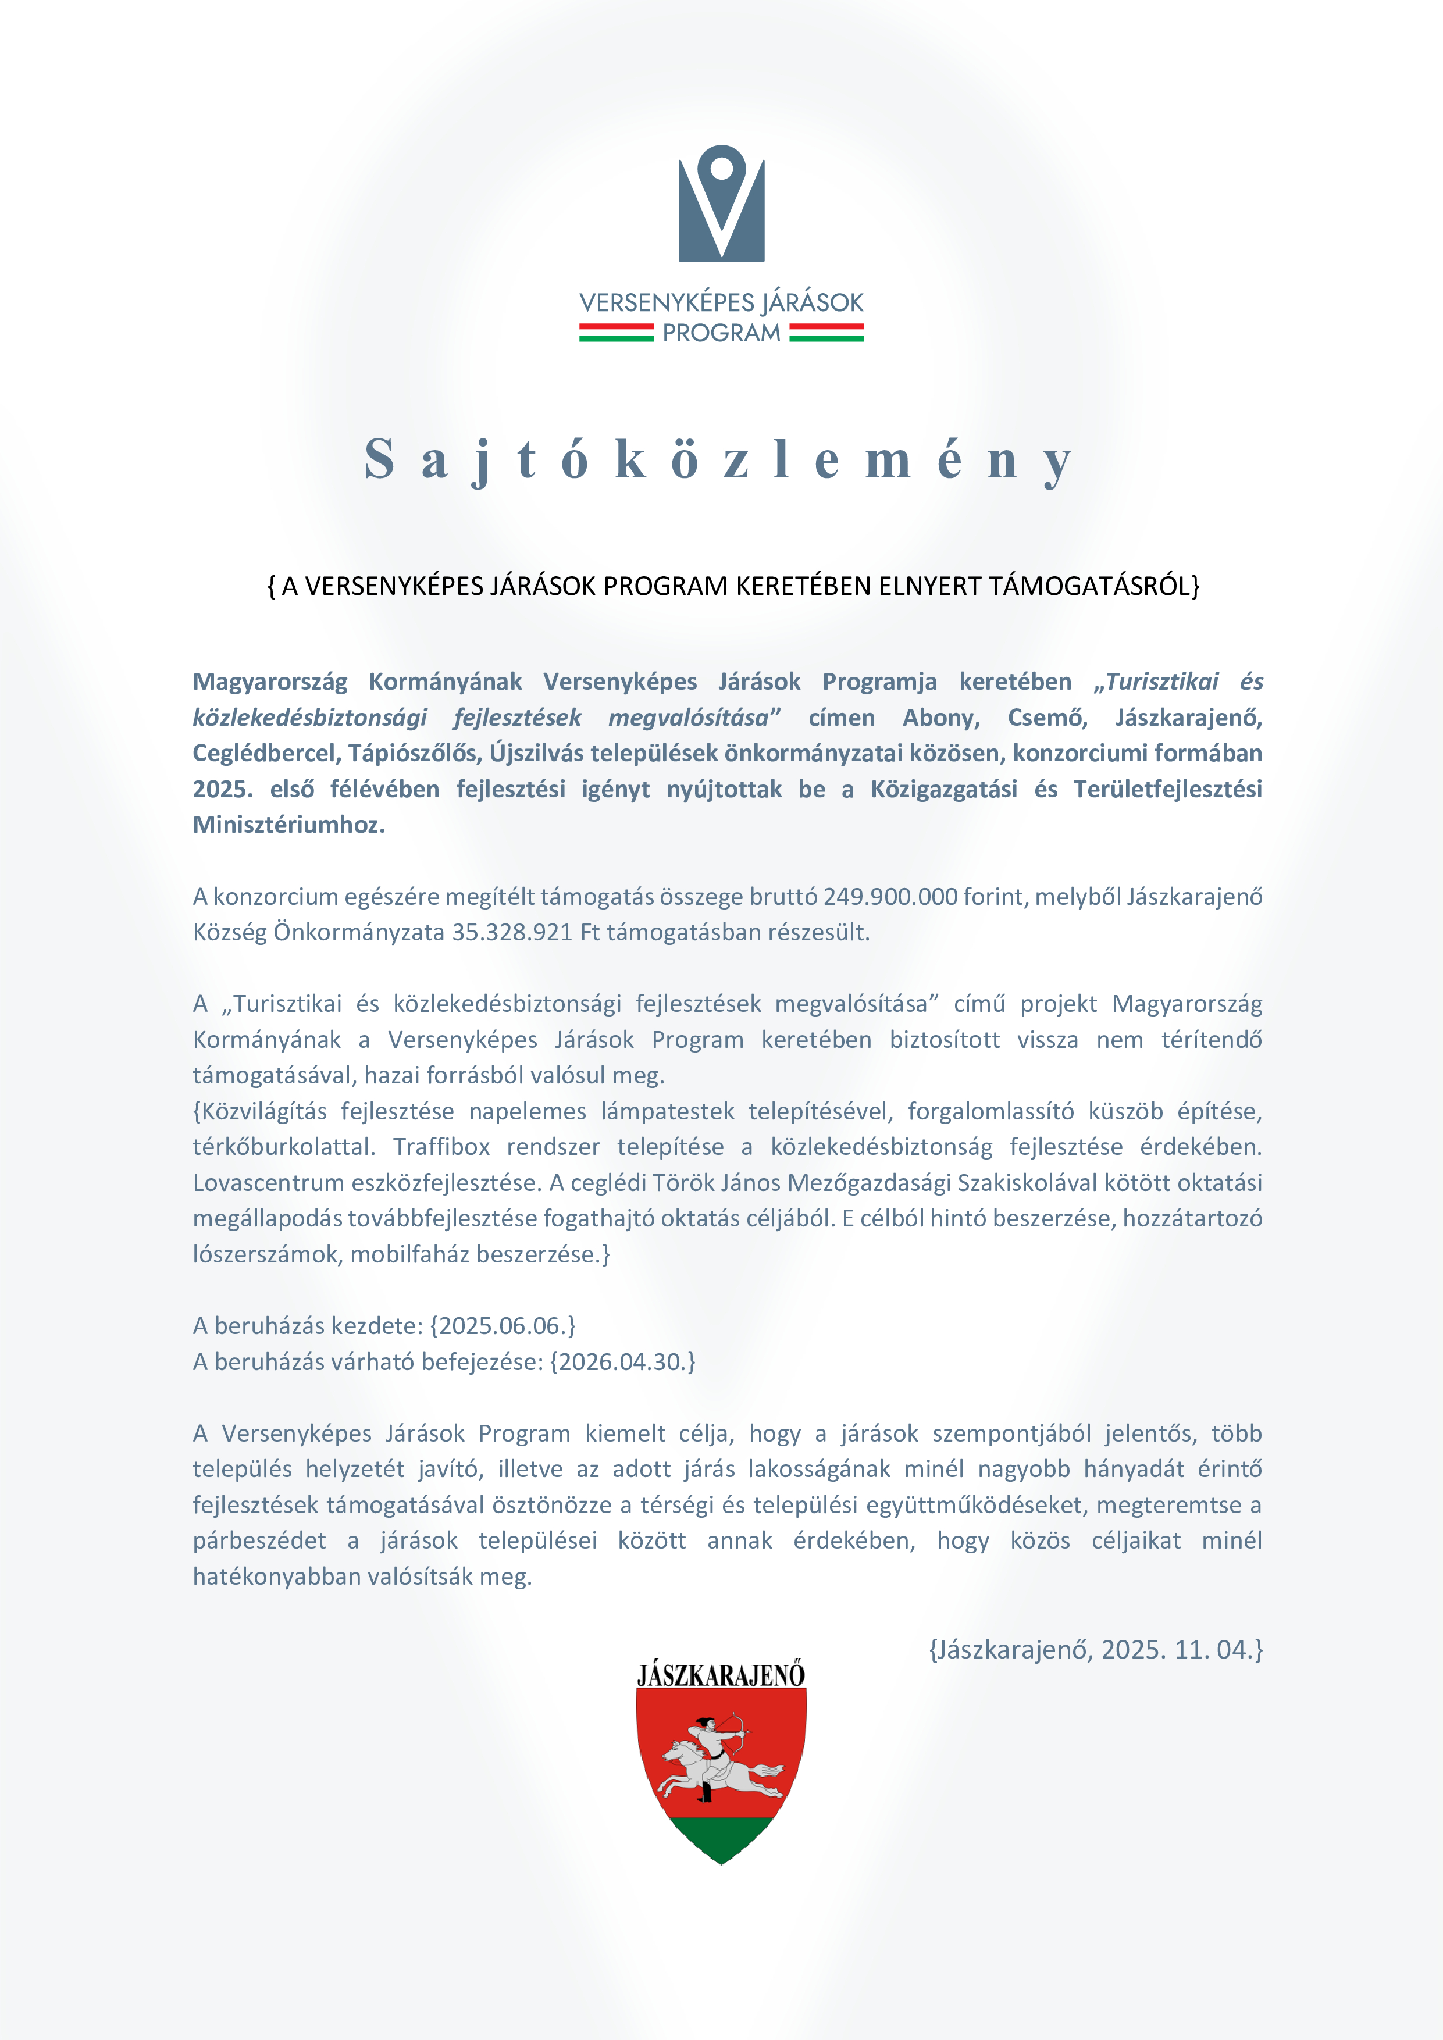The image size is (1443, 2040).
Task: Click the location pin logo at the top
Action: [721, 204]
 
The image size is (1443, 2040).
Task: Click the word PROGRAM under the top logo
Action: [721, 333]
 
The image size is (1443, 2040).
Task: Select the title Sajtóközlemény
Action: [719, 460]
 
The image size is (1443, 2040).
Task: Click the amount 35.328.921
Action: [512, 932]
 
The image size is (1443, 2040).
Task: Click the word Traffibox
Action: [441, 1147]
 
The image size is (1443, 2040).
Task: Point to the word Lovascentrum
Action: [266, 1183]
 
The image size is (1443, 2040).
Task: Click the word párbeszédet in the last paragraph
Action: [259, 1540]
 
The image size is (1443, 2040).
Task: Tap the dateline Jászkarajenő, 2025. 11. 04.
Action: [1096, 1650]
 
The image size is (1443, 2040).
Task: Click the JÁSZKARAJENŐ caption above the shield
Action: [721, 1676]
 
